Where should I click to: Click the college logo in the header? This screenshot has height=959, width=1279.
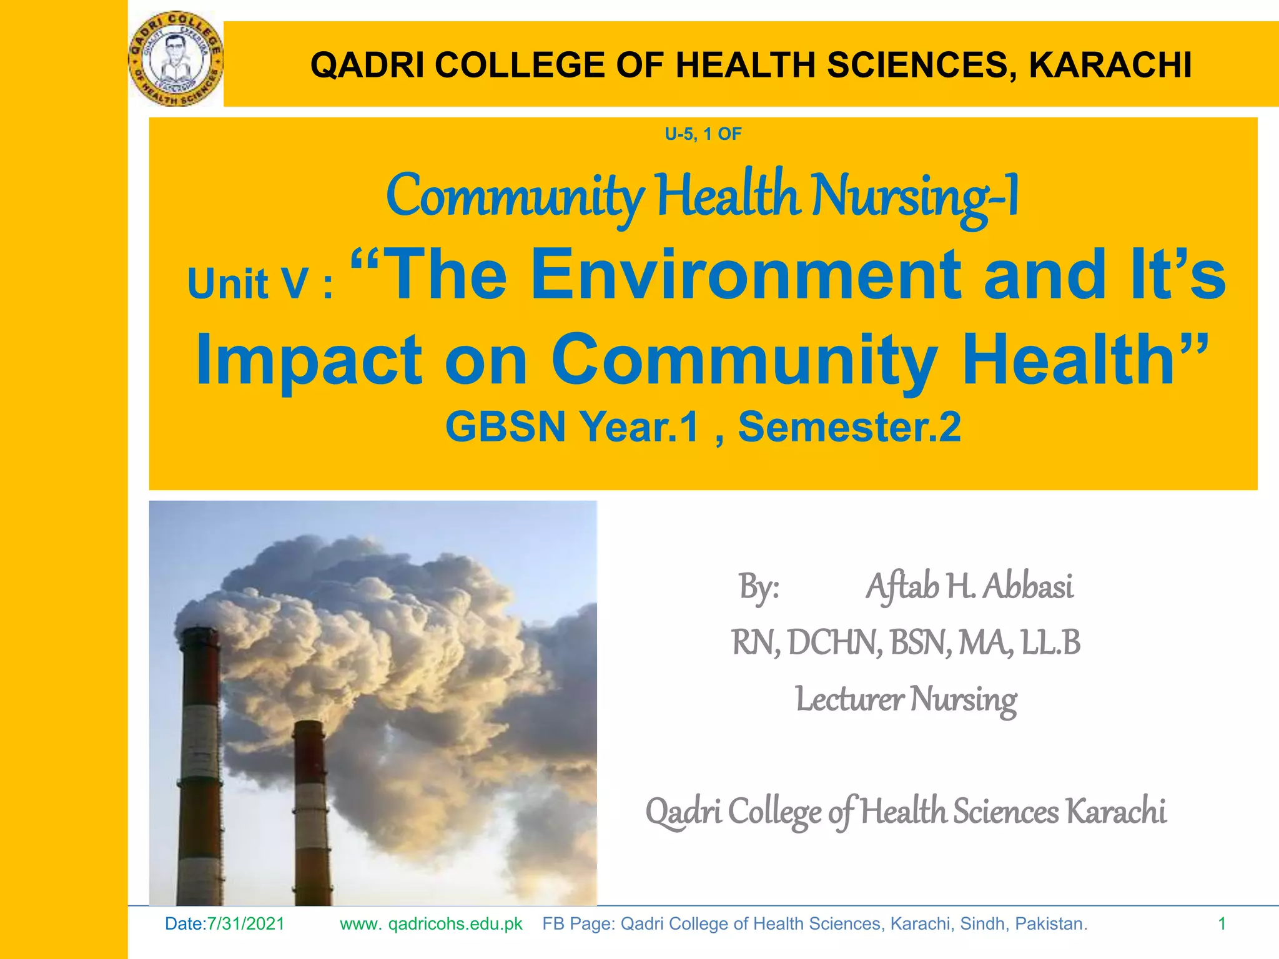(x=175, y=59)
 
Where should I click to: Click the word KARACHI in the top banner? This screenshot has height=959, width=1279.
(x=1110, y=65)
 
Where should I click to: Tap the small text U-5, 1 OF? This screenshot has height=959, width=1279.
(x=703, y=134)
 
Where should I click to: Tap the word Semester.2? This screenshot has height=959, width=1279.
(x=849, y=427)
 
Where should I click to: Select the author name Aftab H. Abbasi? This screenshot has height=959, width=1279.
(x=969, y=587)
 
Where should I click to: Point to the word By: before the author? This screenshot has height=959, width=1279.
(x=759, y=588)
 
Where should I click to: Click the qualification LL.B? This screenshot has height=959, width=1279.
(x=1051, y=643)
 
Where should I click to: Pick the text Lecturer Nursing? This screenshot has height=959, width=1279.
(x=906, y=699)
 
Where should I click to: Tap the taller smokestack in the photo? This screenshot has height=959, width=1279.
(x=200, y=768)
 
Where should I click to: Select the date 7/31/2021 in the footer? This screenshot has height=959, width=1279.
(x=246, y=924)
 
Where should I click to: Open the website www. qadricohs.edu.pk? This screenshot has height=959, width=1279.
(x=431, y=924)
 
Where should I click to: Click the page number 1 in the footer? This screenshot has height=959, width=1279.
(x=1222, y=924)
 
